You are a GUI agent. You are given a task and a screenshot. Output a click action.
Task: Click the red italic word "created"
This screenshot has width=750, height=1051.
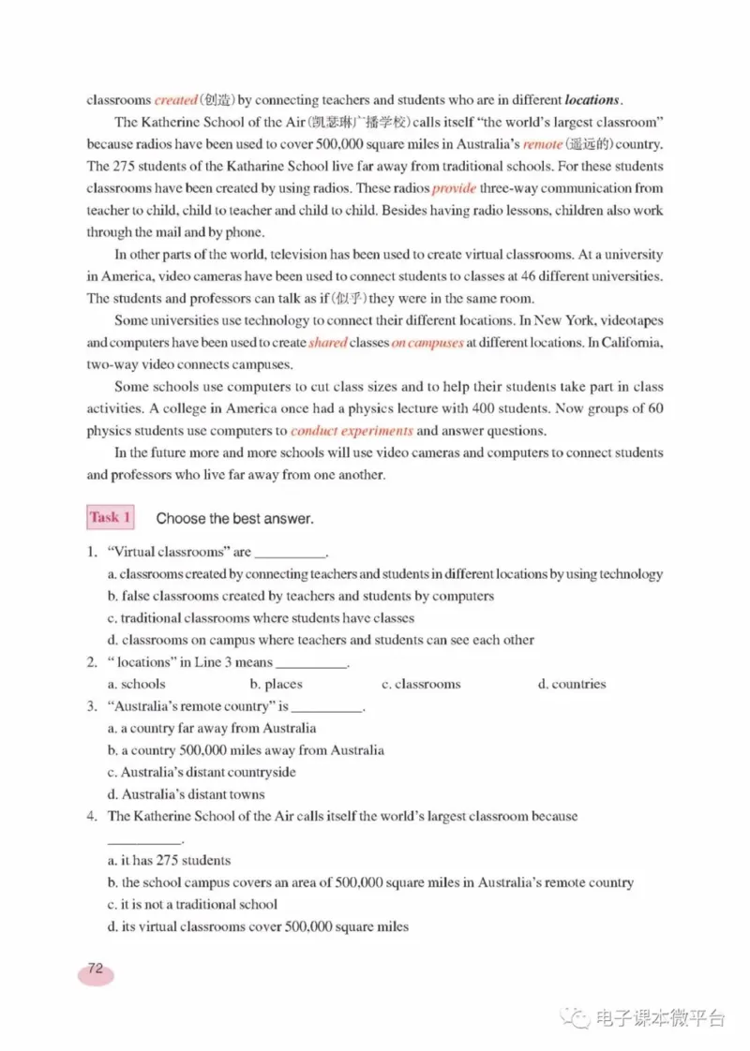click(176, 99)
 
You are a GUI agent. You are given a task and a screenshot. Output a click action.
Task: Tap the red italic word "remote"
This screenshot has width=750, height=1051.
click(543, 144)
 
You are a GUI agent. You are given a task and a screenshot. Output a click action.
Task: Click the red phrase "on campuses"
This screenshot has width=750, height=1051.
click(427, 343)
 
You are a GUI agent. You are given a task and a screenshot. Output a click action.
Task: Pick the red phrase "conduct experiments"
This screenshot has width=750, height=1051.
click(352, 431)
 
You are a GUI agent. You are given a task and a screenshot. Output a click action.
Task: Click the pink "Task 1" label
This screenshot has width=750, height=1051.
click(111, 517)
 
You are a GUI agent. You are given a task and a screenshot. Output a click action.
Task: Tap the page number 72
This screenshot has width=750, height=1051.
click(95, 969)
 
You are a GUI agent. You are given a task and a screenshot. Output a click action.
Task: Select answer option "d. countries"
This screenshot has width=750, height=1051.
click(571, 684)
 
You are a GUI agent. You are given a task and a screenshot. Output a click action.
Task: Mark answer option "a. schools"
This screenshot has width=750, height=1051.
click(136, 684)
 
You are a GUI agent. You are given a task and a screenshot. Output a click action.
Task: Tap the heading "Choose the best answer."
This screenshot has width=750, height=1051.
click(234, 518)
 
